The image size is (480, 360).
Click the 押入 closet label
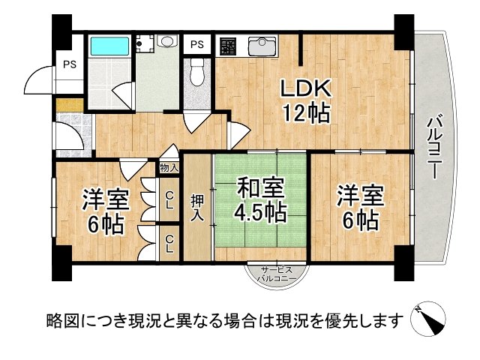point(197,206)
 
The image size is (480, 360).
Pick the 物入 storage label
point(169,169)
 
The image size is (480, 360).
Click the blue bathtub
point(109,47)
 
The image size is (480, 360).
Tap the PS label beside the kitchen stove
point(197,44)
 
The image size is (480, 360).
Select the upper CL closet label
point(170,200)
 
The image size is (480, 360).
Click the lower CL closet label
point(170,243)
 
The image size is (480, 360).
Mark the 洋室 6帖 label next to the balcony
point(360,206)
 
